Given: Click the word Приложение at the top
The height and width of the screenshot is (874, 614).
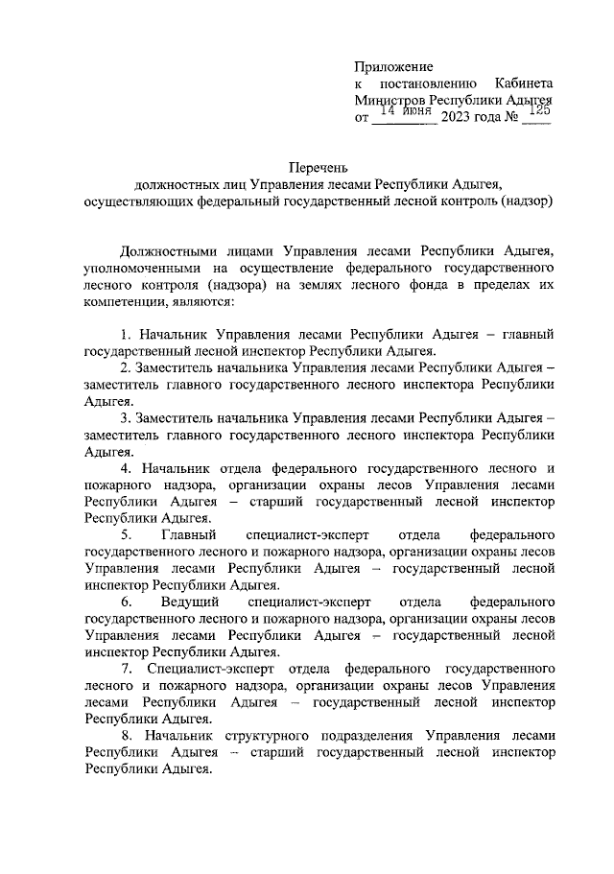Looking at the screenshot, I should coord(393,66).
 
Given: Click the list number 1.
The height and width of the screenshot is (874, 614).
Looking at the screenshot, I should coord(127,335).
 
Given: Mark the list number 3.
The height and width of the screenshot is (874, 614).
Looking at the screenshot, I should coord(127,418).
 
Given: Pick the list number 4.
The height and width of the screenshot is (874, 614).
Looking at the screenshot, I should coord(127,468).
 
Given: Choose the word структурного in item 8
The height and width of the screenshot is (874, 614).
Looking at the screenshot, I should coord(268,735).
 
